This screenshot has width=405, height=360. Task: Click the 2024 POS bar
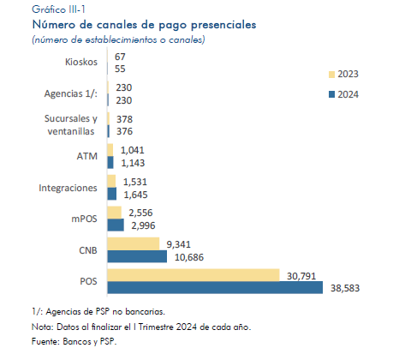(215, 287)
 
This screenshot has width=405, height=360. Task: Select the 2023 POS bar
(194, 275)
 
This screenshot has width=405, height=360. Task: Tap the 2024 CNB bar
(137, 256)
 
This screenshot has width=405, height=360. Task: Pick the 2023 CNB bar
(134, 243)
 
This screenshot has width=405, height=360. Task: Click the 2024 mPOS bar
(116, 225)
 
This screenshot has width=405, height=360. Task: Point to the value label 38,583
(345, 288)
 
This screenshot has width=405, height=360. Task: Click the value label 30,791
(301, 276)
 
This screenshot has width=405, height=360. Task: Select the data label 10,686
(189, 257)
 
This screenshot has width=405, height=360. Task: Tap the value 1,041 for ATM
(133, 150)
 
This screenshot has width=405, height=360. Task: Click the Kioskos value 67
(120, 57)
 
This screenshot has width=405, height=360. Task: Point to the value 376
(124, 131)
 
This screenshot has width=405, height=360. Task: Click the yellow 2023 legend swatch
(331, 75)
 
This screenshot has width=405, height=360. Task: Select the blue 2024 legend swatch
(331, 94)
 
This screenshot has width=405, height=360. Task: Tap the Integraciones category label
(68, 188)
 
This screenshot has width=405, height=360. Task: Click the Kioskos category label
(81, 62)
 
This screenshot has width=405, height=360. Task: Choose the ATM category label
(87, 156)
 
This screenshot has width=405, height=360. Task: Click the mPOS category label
(84, 219)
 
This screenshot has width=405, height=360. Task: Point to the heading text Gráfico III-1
(58, 9)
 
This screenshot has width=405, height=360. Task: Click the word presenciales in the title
(223, 25)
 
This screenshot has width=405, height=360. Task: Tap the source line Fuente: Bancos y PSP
(74, 341)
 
